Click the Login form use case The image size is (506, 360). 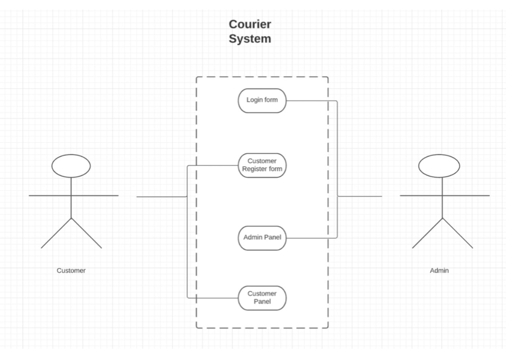click(x=262, y=100)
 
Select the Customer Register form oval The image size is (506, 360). click(x=262, y=165)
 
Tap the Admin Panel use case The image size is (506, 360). click(x=262, y=237)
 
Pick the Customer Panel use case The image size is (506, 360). click(x=262, y=298)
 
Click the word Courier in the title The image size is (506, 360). click(x=249, y=24)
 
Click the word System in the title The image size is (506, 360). click(x=249, y=39)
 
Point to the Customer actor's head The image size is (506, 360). click(x=71, y=166)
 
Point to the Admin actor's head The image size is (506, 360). click(x=439, y=165)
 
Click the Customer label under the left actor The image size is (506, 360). click(x=71, y=271)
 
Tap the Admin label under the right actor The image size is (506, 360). click(x=439, y=271)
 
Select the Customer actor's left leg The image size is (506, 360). click(x=56, y=233)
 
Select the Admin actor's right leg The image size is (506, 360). click(x=457, y=233)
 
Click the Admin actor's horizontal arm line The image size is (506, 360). click(x=444, y=195)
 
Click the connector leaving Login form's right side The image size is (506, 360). click(x=311, y=101)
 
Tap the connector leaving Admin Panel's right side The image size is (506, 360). click(x=311, y=238)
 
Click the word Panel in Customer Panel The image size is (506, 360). click(x=262, y=301)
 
